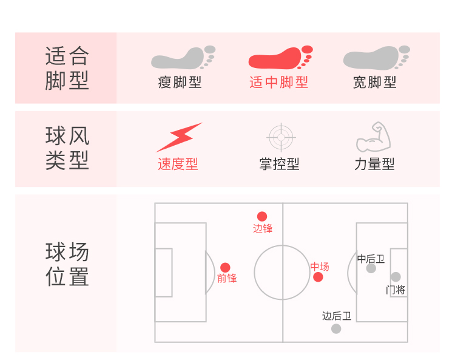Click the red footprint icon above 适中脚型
tap(280, 58)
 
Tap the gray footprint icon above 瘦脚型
tap(183, 58)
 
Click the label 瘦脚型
tap(180, 83)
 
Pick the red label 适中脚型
tap(278, 83)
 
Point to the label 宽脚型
tap(375, 83)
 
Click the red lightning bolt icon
tap(179, 137)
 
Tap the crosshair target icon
tap(280, 137)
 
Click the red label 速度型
tap(178, 164)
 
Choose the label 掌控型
tap(279, 164)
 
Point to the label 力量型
tap(374, 164)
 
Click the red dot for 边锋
tap(262, 217)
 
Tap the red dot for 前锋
tap(225, 268)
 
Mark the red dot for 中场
tap(318, 277)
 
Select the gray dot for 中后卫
tap(371, 268)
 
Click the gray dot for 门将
tap(396, 277)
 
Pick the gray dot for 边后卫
tap(336, 329)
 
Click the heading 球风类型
tap(67, 149)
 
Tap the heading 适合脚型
tap(67, 68)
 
